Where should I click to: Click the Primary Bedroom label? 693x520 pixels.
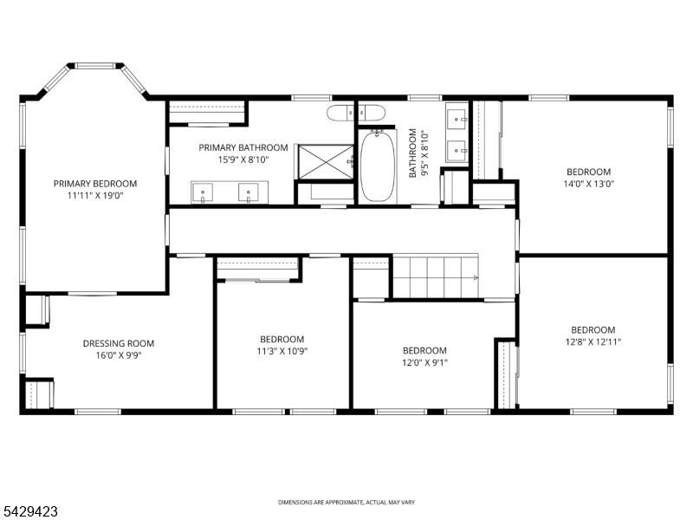pos(95,184)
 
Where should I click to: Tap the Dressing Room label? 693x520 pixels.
pos(119,343)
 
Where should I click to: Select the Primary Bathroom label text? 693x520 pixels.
pos(243,147)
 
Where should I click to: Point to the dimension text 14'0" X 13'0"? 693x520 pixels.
pos(589,184)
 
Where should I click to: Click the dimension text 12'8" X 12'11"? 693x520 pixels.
pos(593,341)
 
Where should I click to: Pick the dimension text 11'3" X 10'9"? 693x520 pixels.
pos(282,352)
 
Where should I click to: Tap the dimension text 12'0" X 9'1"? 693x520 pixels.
pos(424,362)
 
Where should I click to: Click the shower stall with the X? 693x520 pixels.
pos(327,162)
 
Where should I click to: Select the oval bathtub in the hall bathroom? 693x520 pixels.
pos(378,166)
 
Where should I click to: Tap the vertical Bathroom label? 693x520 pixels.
pos(413,153)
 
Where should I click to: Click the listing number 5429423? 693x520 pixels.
pos(29,511)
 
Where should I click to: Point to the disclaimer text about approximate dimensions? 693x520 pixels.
pos(346,503)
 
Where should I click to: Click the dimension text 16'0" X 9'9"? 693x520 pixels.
pos(119,355)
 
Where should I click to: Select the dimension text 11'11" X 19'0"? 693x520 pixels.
pos(95,196)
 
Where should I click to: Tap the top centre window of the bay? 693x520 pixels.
pos(95,66)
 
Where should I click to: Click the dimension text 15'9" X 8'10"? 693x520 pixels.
pos(243,159)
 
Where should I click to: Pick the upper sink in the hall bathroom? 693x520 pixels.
pos(457,118)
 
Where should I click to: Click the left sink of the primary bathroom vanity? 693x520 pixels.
pos(203,192)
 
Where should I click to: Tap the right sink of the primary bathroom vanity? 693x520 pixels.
pos(249,192)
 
